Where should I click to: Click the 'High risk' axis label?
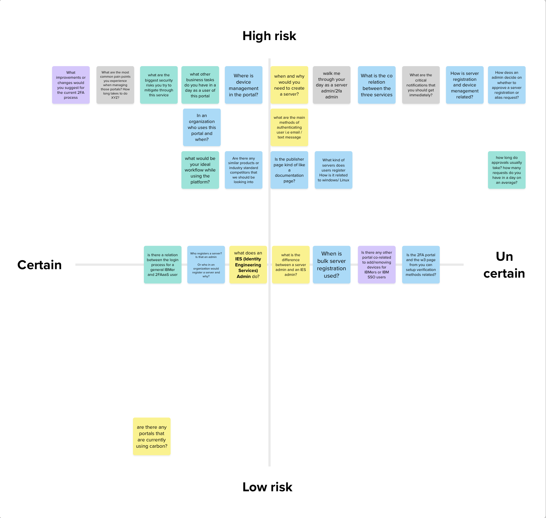click(269, 36)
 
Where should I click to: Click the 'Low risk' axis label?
click(267, 487)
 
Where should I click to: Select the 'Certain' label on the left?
click(39, 265)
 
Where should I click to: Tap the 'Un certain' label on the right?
click(504, 265)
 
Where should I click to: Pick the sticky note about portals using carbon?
click(152, 436)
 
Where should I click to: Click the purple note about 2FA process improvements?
click(71, 85)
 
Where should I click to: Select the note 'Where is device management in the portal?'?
click(243, 85)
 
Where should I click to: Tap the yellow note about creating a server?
click(289, 85)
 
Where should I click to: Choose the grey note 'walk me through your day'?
click(331, 85)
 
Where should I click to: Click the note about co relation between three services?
click(376, 85)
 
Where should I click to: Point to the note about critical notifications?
click(421, 85)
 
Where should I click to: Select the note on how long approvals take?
click(507, 170)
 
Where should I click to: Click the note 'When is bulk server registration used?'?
click(331, 265)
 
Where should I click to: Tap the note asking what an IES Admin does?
click(248, 265)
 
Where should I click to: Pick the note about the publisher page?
click(289, 170)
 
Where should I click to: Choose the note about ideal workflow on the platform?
click(200, 170)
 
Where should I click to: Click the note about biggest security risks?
click(159, 85)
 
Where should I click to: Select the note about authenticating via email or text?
click(289, 127)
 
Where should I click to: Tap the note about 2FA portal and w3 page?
click(421, 265)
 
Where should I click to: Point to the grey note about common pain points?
click(115, 85)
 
